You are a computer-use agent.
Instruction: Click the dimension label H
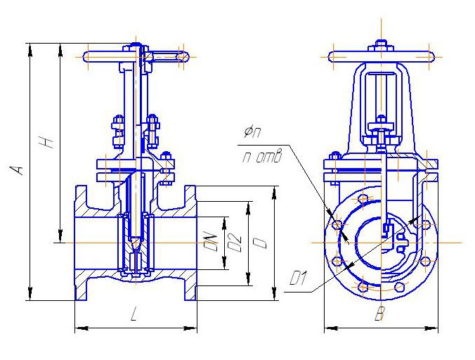click(48, 142)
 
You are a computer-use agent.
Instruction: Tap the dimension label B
click(379, 316)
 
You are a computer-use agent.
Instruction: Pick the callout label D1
click(299, 279)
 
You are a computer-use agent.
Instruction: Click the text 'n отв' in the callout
click(261, 157)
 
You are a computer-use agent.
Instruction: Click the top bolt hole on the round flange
click(363, 200)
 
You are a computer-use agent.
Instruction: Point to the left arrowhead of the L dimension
click(78, 328)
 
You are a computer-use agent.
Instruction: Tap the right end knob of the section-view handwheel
click(183, 56)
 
